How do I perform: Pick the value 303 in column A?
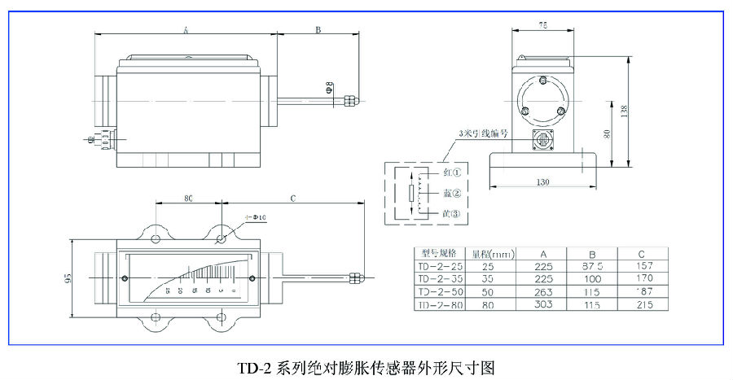tap(543, 304)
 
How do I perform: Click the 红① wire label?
tap(452, 173)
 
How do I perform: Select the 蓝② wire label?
tap(452, 194)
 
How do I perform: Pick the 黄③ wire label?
tap(452, 213)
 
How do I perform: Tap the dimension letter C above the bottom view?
tap(292, 198)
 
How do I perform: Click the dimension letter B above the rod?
tap(318, 29)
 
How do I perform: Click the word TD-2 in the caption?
tap(255, 367)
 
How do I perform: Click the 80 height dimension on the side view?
tap(608, 134)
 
